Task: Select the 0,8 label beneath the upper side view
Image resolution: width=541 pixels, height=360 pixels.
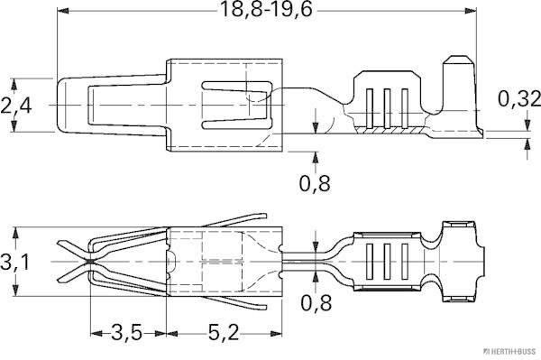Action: pos(313,183)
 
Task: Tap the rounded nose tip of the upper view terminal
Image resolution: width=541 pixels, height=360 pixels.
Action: pos(60,106)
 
